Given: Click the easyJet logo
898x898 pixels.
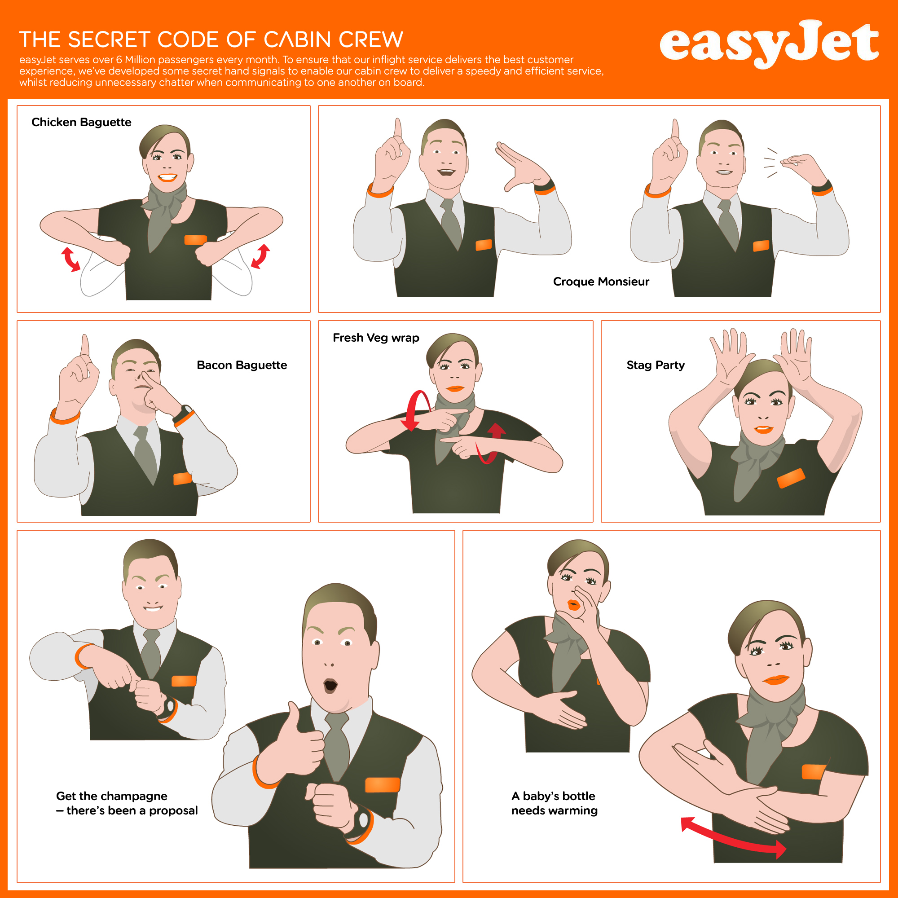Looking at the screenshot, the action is click(769, 44).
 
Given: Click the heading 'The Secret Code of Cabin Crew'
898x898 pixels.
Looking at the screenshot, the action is click(211, 40).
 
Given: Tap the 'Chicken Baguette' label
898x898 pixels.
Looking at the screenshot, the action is click(81, 122).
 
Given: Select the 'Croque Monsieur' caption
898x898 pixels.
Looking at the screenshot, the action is click(601, 282).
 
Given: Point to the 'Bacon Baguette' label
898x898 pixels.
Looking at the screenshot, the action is click(242, 365).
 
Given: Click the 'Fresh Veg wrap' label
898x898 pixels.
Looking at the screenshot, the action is click(376, 338).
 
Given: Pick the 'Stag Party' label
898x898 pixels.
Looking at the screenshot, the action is click(656, 365).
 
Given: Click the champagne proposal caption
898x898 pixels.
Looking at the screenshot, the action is click(127, 803).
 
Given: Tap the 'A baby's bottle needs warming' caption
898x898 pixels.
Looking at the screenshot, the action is click(555, 803).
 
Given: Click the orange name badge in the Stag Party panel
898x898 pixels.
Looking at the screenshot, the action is click(791, 478).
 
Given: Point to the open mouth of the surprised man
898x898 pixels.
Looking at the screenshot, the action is click(330, 685).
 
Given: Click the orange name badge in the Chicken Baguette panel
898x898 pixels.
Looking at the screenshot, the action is click(196, 240).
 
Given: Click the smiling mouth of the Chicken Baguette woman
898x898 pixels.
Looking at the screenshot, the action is click(167, 177).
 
